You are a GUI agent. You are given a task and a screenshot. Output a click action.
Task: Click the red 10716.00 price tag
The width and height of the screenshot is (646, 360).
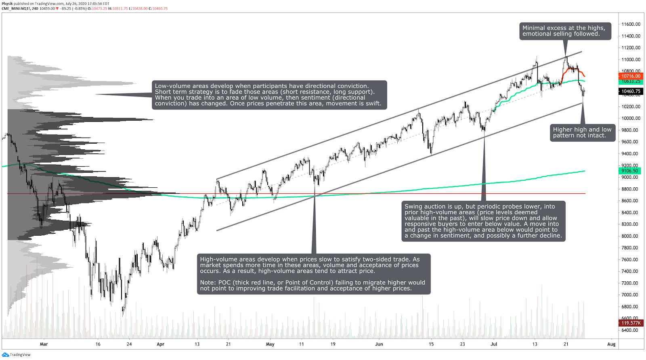630,76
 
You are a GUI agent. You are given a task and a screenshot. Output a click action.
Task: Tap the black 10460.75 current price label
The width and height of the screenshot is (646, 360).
630,91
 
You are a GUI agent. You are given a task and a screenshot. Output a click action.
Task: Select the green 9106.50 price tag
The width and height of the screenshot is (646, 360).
629,171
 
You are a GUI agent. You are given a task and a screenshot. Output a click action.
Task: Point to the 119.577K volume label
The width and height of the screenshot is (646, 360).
631,323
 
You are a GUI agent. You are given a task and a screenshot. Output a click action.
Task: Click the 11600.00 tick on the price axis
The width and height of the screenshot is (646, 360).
631,24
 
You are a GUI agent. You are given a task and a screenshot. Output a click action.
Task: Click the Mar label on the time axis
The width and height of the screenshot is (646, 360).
44,344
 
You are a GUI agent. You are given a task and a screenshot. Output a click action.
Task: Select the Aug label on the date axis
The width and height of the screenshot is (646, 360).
611,344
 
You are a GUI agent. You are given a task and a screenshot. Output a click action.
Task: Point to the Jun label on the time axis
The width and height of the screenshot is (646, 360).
379,344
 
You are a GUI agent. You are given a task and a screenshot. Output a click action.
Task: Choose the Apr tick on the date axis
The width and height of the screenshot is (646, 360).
160,344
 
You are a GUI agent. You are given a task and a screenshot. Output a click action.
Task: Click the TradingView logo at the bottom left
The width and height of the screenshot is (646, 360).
16,355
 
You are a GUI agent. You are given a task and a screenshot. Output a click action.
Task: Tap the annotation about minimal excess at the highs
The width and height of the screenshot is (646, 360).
564,31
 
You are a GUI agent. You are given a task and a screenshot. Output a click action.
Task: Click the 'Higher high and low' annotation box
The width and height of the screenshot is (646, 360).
582,132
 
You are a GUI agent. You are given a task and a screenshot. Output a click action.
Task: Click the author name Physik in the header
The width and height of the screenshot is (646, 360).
7,4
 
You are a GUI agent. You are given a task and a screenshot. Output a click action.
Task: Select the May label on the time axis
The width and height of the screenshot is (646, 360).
270,344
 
